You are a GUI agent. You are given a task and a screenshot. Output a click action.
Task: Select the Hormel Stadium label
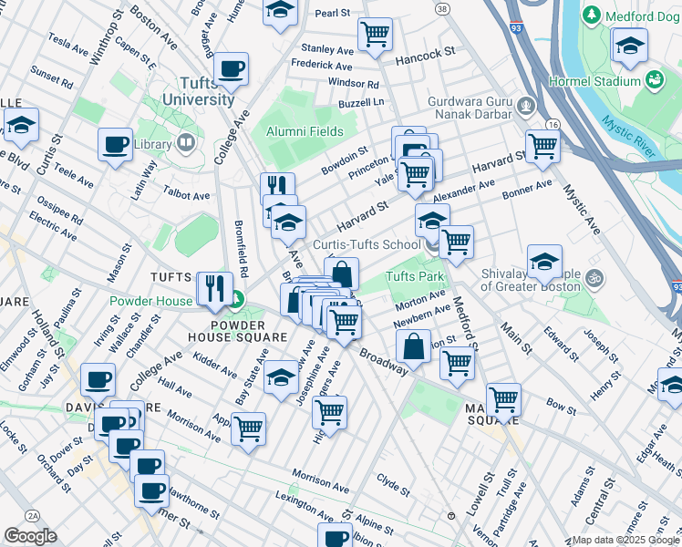coord(594,81)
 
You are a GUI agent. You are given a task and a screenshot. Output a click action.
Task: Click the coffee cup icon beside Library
coord(116,144)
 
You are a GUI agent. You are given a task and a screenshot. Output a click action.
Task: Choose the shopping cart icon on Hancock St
coord(375,36)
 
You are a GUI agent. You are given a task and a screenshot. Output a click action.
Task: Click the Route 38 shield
coord(442,8)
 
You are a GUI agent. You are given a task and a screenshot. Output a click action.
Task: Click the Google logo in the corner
coord(30,536)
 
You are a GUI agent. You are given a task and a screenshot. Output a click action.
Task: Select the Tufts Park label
coord(414,276)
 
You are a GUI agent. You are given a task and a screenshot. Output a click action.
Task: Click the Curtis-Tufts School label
coord(367,244)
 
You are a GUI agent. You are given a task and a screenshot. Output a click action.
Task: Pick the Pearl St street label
coord(333,13)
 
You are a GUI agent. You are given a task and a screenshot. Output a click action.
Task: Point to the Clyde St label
coord(394,484)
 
